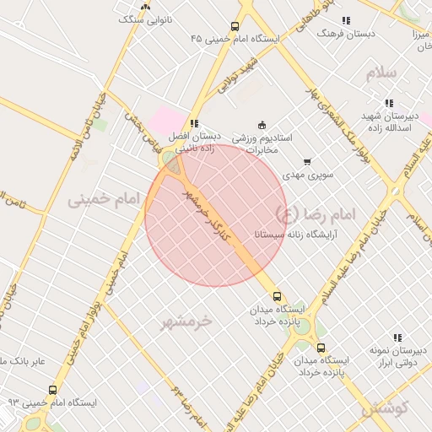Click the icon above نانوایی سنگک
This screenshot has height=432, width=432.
(145, 6)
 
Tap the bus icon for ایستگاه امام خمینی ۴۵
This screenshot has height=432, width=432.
(234, 26)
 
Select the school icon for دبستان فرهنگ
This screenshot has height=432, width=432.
(345, 20)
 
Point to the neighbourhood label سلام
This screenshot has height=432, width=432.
(381, 73)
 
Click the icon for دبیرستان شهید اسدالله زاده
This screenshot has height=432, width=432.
(389, 103)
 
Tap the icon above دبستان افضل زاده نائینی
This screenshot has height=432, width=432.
(195, 123)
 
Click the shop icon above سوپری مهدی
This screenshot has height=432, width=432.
(306, 161)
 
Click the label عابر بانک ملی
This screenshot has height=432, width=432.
(25, 362)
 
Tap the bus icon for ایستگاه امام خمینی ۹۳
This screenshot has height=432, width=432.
(53, 391)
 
